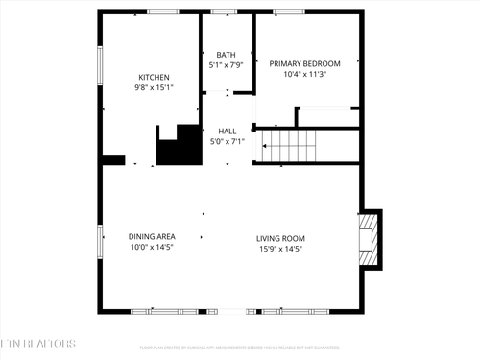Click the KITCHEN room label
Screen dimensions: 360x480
click(154, 77)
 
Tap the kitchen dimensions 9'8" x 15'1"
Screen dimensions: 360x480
click(154, 87)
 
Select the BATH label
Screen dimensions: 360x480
click(227, 55)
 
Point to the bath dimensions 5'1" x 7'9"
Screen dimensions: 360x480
click(227, 65)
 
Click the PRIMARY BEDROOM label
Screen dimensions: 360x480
click(304, 63)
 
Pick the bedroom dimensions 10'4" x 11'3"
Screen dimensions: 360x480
click(304, 74)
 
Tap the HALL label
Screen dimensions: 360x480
click(228, 132)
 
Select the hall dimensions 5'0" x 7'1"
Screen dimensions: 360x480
click(228, 142)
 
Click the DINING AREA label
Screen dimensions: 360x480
click(151, 236)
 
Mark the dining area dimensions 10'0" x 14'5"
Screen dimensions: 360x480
click(151, 247)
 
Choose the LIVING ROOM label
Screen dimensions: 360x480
click(280, 238)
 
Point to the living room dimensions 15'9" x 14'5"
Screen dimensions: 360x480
click(280, 248)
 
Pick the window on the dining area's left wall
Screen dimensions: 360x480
click(100, 240)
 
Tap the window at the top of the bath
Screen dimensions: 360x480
click(225, 12)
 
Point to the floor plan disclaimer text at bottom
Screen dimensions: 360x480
click(240, 348)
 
